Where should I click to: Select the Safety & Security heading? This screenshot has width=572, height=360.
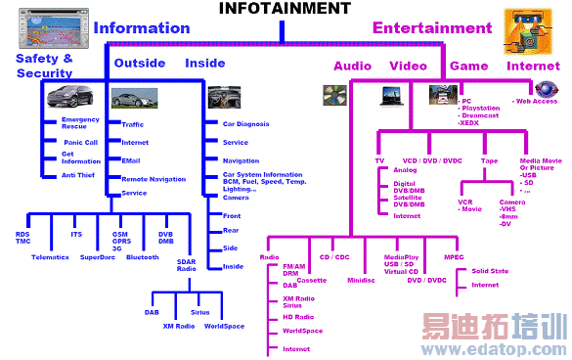[44, 66]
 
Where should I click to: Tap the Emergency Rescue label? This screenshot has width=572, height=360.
[80, 122]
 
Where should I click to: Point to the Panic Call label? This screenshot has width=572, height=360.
[81, 142]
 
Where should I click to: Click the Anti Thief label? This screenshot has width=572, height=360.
[77, 175]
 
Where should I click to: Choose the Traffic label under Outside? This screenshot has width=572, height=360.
[133, 124]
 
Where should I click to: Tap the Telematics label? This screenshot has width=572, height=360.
[50, 257]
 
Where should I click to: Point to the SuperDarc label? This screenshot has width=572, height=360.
[97, 257]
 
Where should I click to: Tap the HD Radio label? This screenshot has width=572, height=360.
[298, 316]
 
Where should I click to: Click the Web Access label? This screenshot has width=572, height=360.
[537, 100]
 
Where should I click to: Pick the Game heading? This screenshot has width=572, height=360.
[468, 67]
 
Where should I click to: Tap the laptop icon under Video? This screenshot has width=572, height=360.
[395, 95]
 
